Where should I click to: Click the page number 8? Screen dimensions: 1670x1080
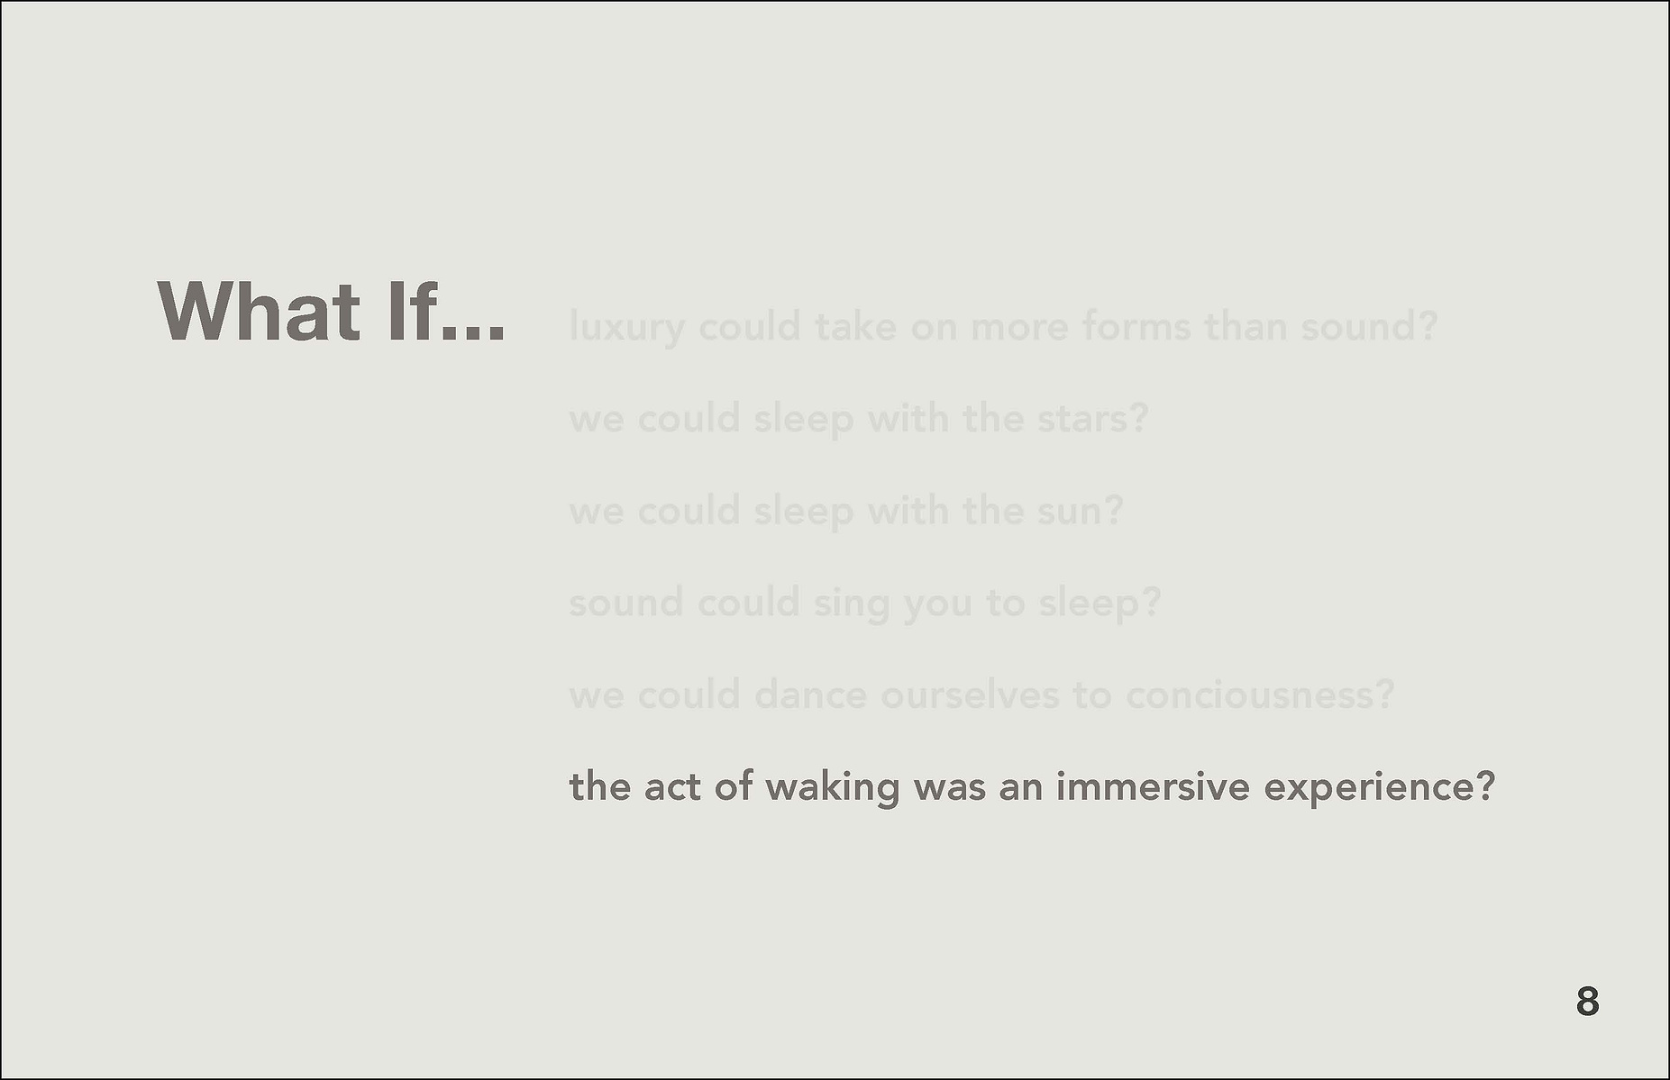(1587, 1002)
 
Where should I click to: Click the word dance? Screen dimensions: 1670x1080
(809, 695)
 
